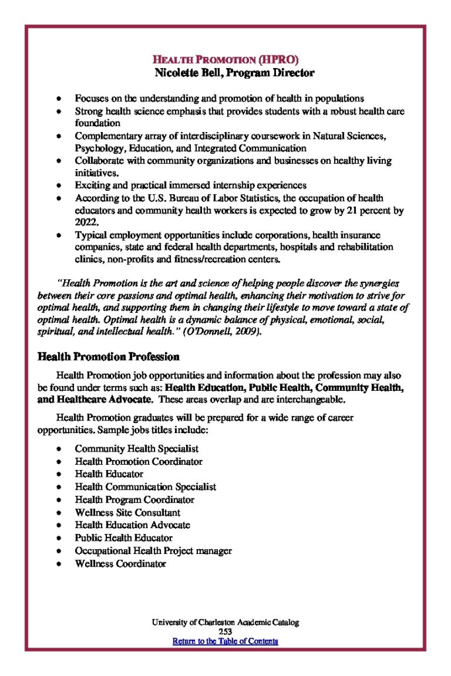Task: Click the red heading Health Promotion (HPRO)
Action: [x=225, y=59]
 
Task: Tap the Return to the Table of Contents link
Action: [x=225, y=640]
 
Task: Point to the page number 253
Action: [x=225, y=632]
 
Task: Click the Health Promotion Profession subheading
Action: [x=108, y=357]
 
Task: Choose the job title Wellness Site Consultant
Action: [x=127, y=512]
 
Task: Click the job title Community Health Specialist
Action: [x=137, y=448]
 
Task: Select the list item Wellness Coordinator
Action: [x=120, y=564]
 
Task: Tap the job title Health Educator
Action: [x=109, y=474]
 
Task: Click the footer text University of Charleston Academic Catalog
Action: [x=225, y=623]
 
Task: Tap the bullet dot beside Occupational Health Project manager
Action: [x=59, y=551]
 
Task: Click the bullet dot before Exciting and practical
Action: [x=59, y=186]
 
